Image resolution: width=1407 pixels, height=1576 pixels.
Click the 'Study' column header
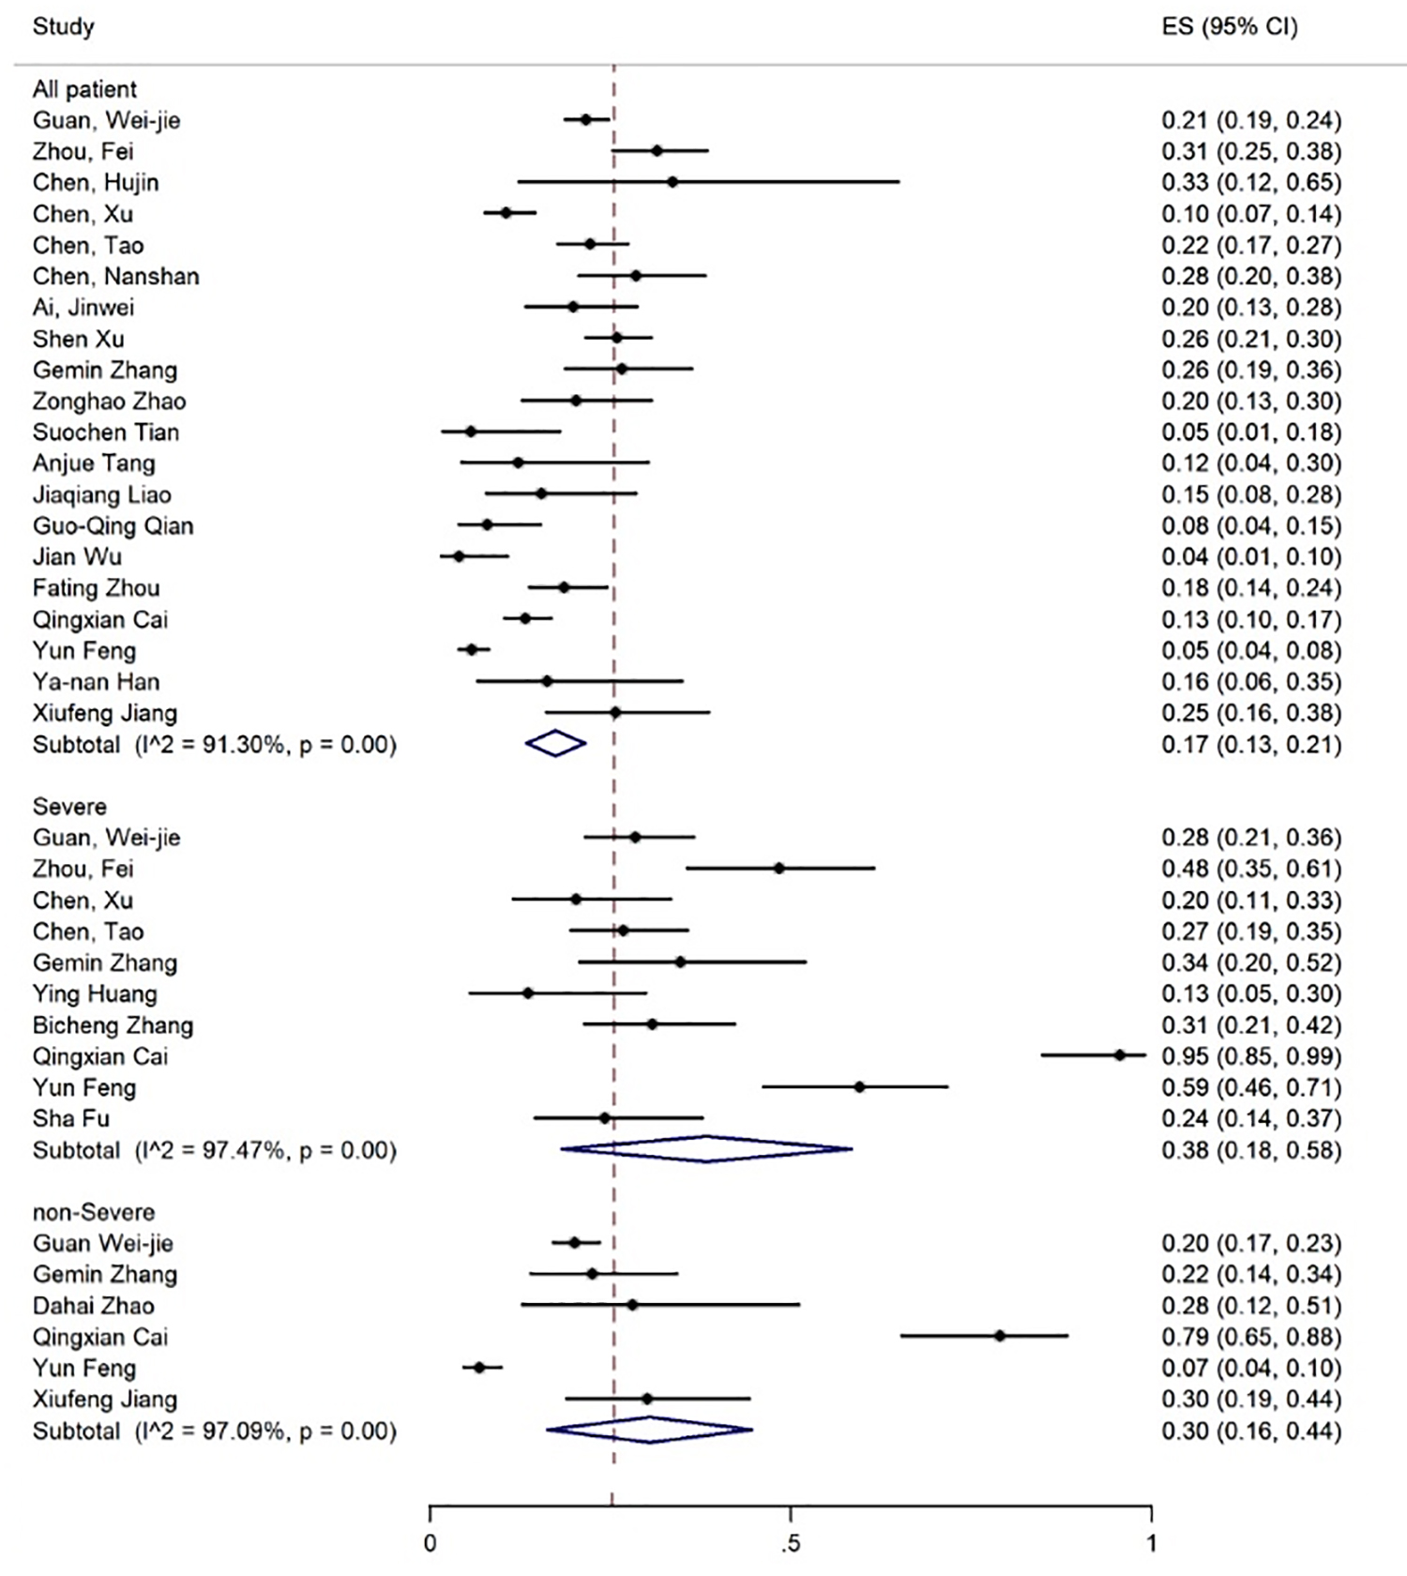63,26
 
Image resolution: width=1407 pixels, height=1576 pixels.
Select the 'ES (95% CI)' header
1229,26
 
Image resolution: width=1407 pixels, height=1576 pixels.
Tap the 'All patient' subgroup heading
84,89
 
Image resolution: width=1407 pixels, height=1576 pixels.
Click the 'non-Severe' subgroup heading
93,1212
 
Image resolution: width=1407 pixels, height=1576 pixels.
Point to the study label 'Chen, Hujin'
96,182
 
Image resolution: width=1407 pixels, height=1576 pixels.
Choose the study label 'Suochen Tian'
105,432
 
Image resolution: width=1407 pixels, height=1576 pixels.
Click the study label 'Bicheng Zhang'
113,1025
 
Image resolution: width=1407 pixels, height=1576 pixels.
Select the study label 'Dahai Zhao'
93,1306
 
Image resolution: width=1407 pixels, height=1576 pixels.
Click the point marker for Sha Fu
604,1118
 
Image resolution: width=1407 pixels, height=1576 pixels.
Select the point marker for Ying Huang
528,993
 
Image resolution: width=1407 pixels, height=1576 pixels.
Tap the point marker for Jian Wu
459,556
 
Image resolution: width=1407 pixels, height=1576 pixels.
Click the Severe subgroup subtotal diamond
705,1149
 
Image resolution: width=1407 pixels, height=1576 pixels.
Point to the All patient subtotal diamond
555,744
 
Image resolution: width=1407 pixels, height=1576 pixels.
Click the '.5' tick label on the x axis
791,1543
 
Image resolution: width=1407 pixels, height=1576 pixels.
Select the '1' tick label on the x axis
1151,1543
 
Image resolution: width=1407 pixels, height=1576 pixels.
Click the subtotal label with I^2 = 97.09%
214,1431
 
